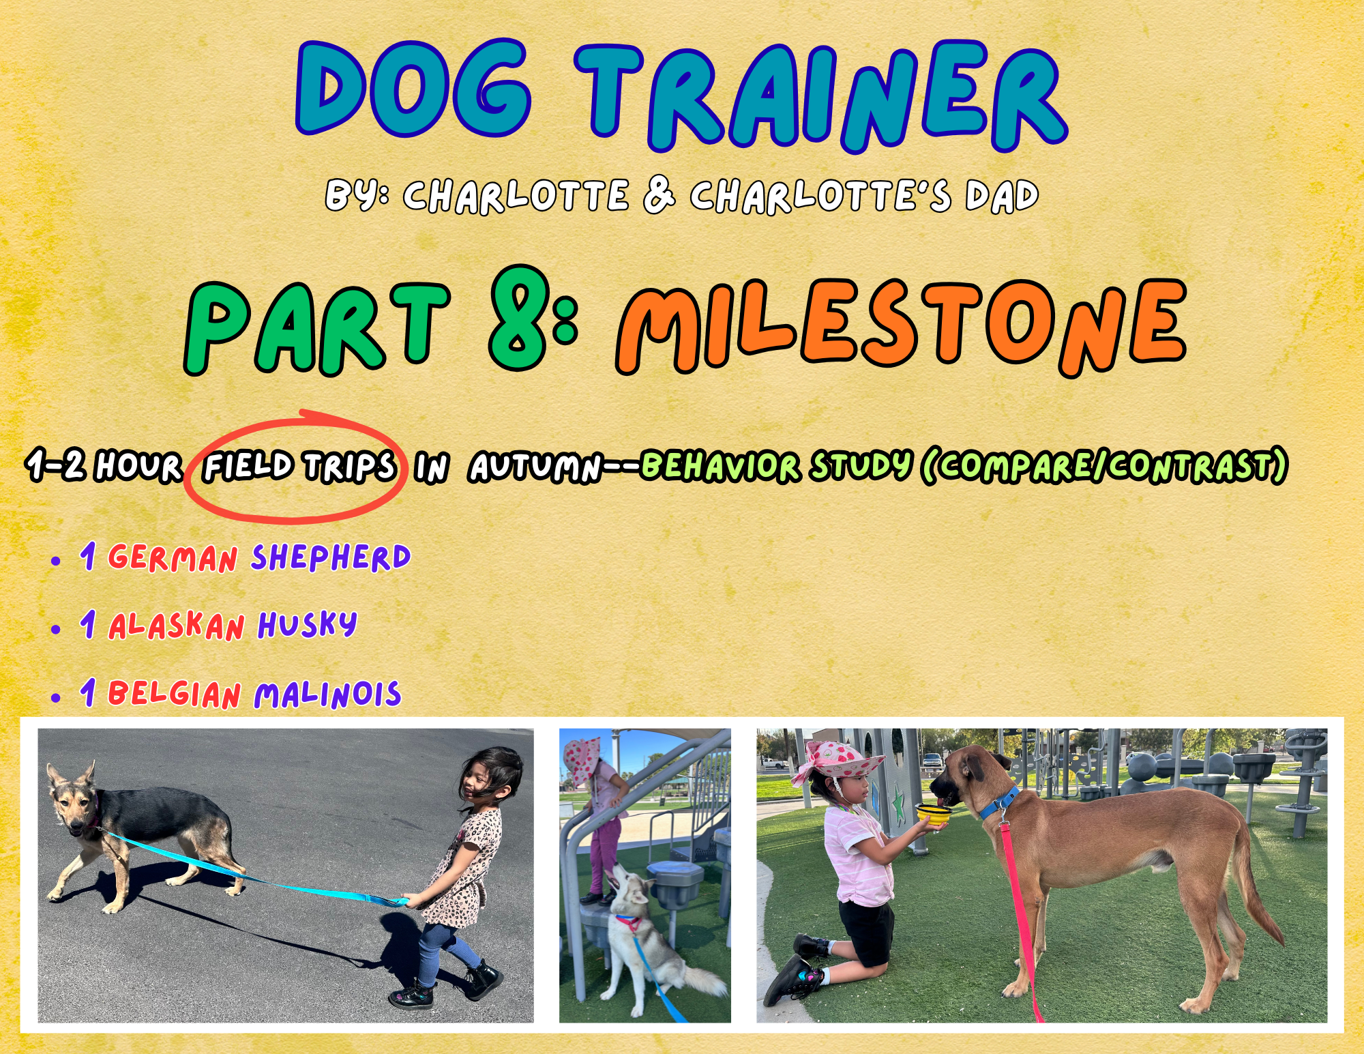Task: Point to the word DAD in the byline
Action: [x=1002, y=196]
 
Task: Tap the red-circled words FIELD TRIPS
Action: [x=300, y=467]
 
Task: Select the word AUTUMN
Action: [x=536, y=468]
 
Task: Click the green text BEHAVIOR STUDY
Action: [x=777, y=467]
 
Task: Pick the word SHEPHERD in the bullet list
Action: [x=331, y=557]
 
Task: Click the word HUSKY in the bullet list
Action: [x=307, y=625]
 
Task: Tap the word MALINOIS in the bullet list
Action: [x=327, y=694]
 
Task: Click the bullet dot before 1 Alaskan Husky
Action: [x=56, y=629]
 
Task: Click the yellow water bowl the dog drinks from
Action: [x=932, y=813]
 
